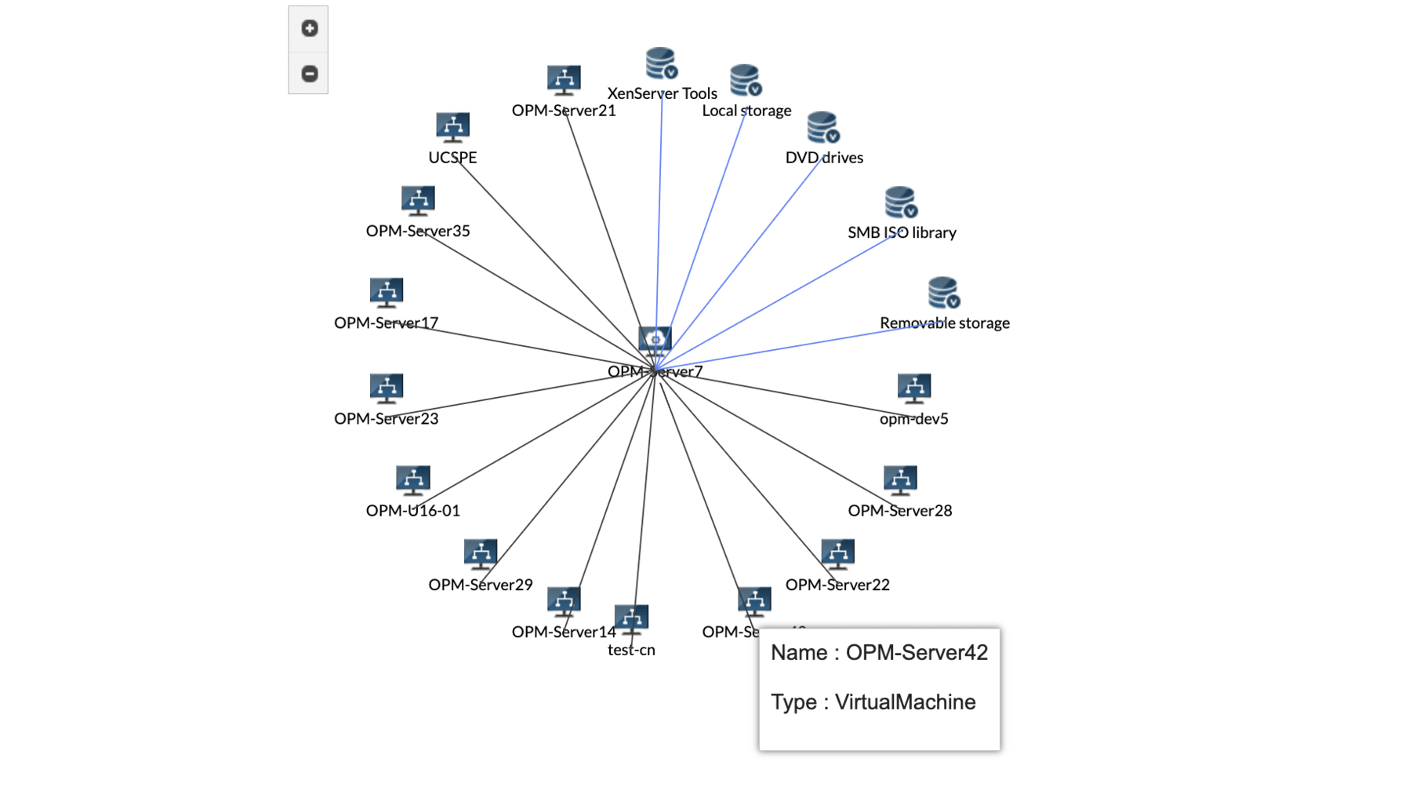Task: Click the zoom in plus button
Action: tap(309, 29)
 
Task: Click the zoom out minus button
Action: tap(309, 74)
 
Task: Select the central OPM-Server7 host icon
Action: tap(655, 341)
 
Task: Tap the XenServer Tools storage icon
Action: tap(661, 63)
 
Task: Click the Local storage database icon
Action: tap(745, 80)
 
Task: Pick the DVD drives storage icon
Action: tap(822, 127)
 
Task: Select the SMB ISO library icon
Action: tap(900, 202)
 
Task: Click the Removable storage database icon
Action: tap(943, 293)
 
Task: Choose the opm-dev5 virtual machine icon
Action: tap(913, 388)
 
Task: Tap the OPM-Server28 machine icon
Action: tap(899, 479)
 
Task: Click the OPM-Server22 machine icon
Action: tap(837, 553)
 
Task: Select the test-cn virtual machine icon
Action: tap(631, 619)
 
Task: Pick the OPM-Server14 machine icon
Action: tap(564, 601)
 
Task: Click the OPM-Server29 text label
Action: tap(480, 585)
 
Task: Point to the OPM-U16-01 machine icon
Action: tap(412, 479)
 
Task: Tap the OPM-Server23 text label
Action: tap(386, 419)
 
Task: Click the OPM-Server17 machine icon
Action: tap(386, 292)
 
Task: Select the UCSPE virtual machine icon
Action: tap(452, 127)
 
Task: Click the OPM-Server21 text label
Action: tap(564, 111)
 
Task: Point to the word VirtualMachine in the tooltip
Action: tap(905, 702)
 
